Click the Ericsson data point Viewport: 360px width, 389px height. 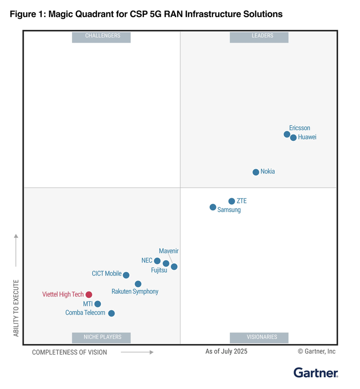tap(287, 135)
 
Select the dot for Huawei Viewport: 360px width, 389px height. tap(293, 138)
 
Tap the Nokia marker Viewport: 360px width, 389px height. tap(256, 172)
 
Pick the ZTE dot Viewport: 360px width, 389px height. tap(232, 201)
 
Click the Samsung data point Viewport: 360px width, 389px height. tap(213, 207)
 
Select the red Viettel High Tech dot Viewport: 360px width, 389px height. tap(89, 295)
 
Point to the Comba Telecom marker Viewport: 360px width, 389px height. tap(111, 313)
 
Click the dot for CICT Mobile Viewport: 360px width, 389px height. tap(126, 275)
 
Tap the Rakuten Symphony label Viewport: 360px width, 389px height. tap(135, 292)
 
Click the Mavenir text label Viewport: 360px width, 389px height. tap(169, 251)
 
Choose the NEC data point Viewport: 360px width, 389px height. tap(157, 261)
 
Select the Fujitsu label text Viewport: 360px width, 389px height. tap(159, 271)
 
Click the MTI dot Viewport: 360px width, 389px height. tap(98, 304)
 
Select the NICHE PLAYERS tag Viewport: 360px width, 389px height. tap(101, 337)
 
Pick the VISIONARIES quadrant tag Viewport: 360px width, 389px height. tap(259, 337)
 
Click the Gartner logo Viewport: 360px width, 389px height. tap(315, 372)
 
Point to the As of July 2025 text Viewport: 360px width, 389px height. tap(226, 352)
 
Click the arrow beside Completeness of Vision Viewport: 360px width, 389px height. tap(137, 352)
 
